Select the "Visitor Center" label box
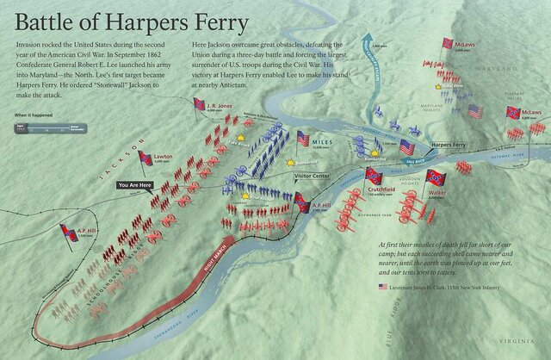(x=313, y=176)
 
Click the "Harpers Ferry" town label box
(x=449, y=145)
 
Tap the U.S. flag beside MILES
(x=302, y=139)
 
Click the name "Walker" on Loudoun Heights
(x=436, y=195)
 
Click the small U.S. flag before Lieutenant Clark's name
(x=381, y=286)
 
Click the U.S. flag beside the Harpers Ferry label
(x=406, y=147)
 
